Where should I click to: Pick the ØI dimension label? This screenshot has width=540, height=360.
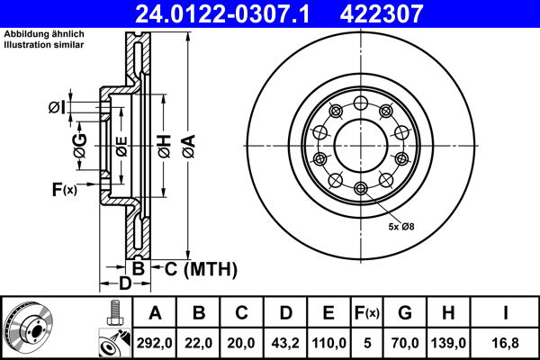pos(57,108)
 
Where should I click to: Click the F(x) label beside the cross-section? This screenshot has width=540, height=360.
pos(64,189)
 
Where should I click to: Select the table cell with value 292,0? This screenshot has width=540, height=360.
pos(157,342)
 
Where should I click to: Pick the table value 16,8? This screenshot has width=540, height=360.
pos(505,342)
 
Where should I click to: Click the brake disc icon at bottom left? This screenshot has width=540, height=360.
pos(28,327)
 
